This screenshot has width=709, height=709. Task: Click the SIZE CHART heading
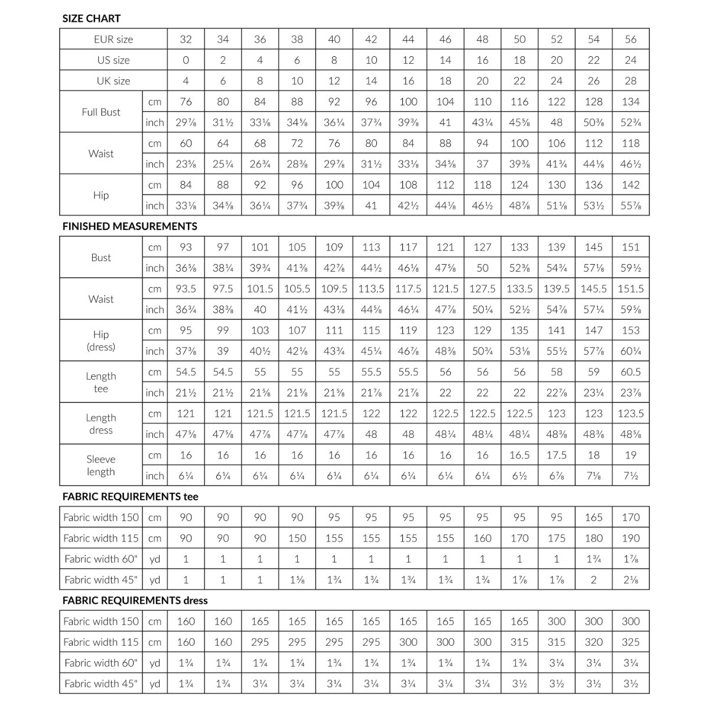[91, 18]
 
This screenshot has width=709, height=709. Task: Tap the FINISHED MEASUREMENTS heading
[130, 226]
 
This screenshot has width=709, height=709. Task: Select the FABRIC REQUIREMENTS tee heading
[130, 496]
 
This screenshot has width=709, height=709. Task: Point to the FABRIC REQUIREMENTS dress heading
[135, 600]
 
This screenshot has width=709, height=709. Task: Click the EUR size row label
[113, 40]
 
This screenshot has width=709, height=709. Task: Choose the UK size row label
[113, 81]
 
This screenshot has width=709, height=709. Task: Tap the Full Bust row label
[101, 112]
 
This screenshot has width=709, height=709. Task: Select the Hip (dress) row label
[101, 340]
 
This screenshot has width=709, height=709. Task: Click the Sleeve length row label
[101, 465]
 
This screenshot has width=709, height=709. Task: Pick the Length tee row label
[101, 382]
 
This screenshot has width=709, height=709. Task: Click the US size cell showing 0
[186, 60]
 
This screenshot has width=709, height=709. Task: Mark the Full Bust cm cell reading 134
[630, 102]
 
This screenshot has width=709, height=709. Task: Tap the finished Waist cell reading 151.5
[630, 289]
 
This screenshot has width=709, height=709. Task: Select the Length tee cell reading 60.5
[630, 372]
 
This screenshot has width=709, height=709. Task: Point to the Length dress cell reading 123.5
[630, 414]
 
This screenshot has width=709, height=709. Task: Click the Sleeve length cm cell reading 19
[630, 455]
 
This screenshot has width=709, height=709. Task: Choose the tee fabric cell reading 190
[630, 538]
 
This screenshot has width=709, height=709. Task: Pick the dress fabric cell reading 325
[630, 642]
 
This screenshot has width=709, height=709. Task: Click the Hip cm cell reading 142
[630, 185]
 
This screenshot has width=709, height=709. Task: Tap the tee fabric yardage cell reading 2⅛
[630, 580]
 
